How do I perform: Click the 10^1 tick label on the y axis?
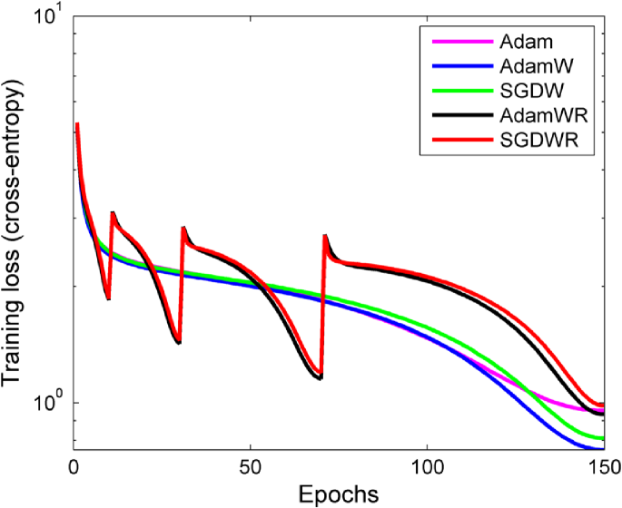tap(44, 16)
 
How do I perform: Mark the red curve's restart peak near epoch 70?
tap(325, 236)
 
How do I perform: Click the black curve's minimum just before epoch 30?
tap(179, 343)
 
